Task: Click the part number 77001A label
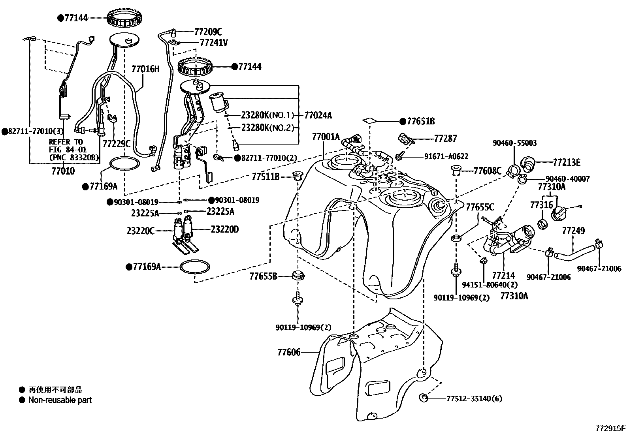[x=326, y=137]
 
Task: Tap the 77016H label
[x=145, y=70]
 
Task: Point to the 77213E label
[x=567, y=162]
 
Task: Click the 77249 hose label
[x=573, y=230]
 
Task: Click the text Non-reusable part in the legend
[x=60, y=400]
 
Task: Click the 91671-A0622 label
[x=446, y=156]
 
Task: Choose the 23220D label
[x=224, y=229]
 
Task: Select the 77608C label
[x=487, y=171]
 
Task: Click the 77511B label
[x=266, y=177]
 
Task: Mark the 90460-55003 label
[x=514, y=143]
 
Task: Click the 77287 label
[x=445, y=138]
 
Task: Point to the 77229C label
[x=116, y=144]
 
